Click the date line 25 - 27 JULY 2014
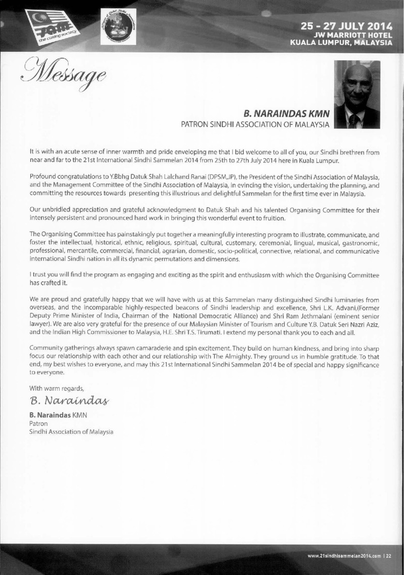tap(346, 25)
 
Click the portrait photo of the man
tap(357, 97)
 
